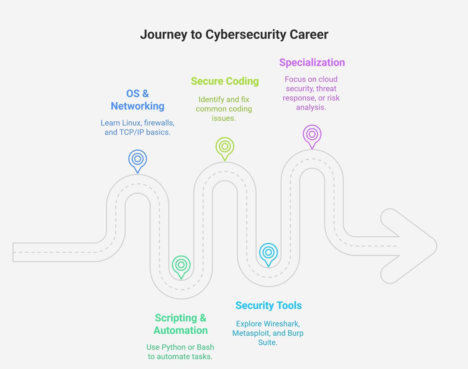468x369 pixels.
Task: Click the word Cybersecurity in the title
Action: click(245, 35)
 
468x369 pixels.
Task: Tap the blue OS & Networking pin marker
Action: click(138, 159)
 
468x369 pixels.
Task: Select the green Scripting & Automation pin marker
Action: click(181, 265)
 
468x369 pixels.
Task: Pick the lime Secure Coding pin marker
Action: click(225, 147)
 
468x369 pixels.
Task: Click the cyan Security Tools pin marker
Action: click(268, 253)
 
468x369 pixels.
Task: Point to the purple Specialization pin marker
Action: click(312, 134)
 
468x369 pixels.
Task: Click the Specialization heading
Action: click(312, 62)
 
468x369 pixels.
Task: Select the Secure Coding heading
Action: click(225, 81)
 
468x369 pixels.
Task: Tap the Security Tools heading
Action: click(268, 305)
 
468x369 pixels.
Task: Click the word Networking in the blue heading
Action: click(138, 106)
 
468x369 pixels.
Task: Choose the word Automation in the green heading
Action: click(181, 330)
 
